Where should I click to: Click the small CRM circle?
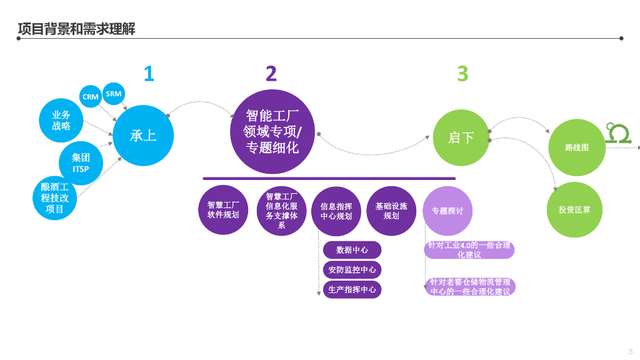pyautogui.click(x=90, y=97)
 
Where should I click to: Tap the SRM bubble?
pyautogui.click(x=114, y=94)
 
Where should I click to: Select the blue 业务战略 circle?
pyautogui.click(x=61, y=121)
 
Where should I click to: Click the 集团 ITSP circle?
pyautogui.click(x=81, y=163)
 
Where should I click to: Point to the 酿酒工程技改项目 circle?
pyautogui.click(x=55, y=198)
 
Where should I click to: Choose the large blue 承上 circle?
pyautogui.click(x=143, y=136)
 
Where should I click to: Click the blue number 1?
pyautogui.click(x=149, y=74)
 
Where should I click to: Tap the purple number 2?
pyautogui.click(x=271, y=74)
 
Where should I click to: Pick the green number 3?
pyautogui.click(x=462, y=74)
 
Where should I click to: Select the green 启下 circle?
pyautogui.click(x=461, y=137)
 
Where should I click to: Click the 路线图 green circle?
pyautogui.click(x=577, y=147)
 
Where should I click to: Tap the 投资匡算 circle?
pyautogui.click(x=575, y=210)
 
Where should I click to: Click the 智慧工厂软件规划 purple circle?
pyautogui.click(x=223, y=210)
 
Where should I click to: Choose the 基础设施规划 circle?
pyautogui.click(x=391, y=211)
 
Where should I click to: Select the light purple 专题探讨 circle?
pyautogui.click(x=447, y=211)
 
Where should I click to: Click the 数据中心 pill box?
pyautogui.click(x=352, y=250)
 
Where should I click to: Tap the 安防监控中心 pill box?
pyautogui.click(x=352, y=270)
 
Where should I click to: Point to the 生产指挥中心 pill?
pyautogui.click(x=352, y=290)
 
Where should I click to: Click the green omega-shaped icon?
pyautogui.click(x=618, y=133)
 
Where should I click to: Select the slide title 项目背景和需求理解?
pyautogui.click(x=76, y=29)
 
